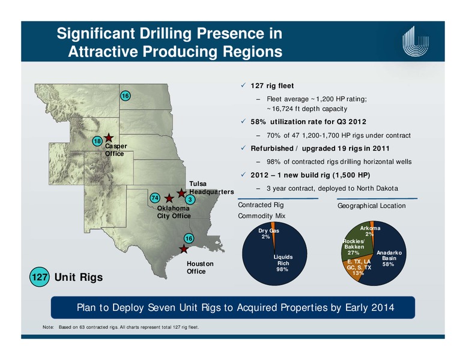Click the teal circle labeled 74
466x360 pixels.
[x=155, y=198]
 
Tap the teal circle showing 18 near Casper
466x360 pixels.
[x=97, y=141]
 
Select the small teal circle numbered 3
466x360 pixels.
[x=190, y=200]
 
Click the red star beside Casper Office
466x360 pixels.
[x=109, y=137]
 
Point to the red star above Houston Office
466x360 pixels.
[x=184, y=249]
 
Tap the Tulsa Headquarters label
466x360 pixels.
[x=211, y=188]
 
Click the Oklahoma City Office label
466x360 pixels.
[x=174, y=212]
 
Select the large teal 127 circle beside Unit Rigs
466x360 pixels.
[x=40, y=277]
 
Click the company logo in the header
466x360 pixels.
[x=416, y=41]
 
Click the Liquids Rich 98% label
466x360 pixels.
[x=283, y=263]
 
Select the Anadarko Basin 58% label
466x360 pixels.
[x=389, y=258]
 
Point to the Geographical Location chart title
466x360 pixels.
[x=372, y=206]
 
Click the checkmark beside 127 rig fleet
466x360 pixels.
[x=243, y=85]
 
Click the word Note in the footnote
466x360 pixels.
[x=48, y=327]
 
